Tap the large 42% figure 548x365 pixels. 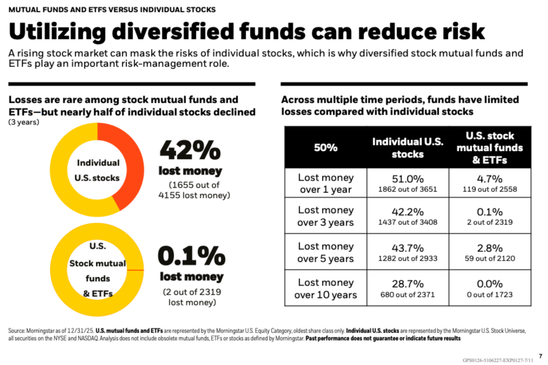point(190,150)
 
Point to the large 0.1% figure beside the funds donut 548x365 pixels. point(192,256)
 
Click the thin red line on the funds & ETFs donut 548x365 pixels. point(135,270)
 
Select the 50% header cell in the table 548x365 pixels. point(326,148)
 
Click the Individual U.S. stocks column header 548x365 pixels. point(408,148)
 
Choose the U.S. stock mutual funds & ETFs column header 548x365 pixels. point(490,148)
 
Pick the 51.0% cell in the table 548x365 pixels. point(408,183)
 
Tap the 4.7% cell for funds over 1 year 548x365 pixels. point(490,183)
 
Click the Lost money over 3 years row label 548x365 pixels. point(326,216)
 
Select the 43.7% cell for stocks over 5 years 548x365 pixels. point(408,252)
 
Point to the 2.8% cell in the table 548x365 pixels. point(490,252)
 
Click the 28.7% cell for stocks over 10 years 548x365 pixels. point(408,288)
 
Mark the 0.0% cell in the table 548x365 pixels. point(490,288)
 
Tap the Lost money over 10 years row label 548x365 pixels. point(326,289)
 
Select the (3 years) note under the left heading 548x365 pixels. point(24,122)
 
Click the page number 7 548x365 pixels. point(540,356)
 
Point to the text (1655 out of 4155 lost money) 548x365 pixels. point(194,190)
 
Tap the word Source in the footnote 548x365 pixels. point(16,330)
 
